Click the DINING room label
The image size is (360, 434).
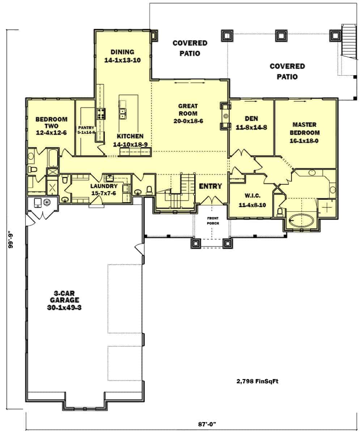[x=122, y=52]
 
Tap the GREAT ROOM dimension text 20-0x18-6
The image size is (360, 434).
[x=188, y=121]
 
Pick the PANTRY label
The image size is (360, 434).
[x=86, y=127]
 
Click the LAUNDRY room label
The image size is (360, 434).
[x=103, y=186]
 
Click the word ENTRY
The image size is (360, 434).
[x=210, y=186]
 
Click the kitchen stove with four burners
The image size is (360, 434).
[x=100, y=114]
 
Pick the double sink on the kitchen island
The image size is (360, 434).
[x=123, y=114]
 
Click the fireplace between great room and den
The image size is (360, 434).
[x=225, y=116]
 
